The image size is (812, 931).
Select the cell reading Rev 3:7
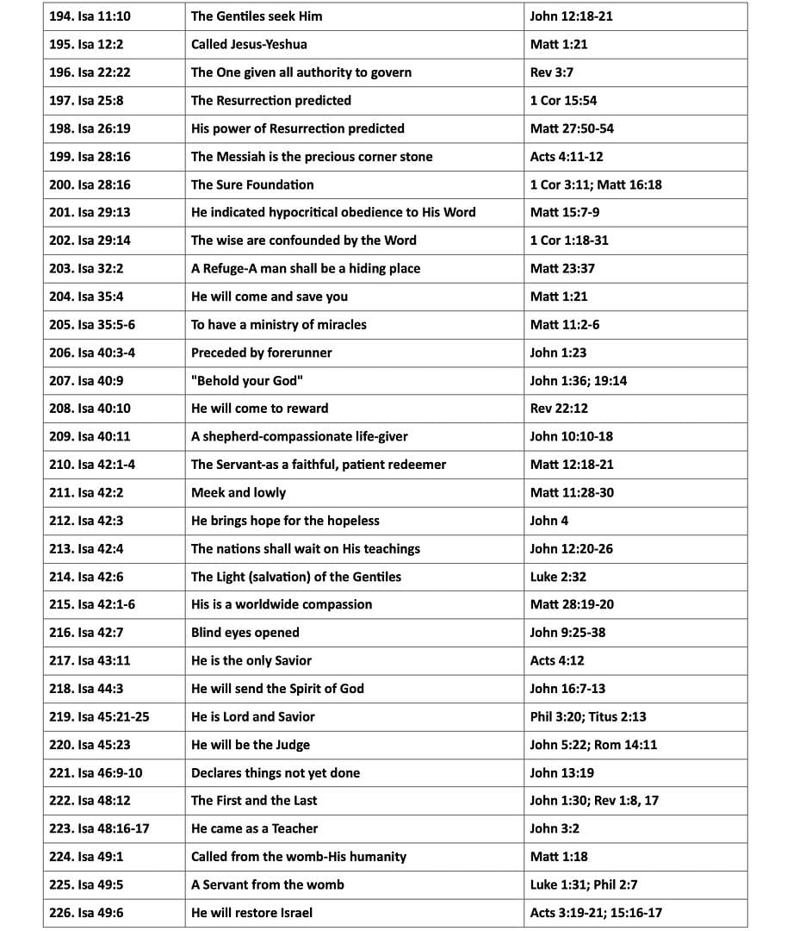pos(551,72)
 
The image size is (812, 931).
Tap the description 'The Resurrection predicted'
pos(270,101)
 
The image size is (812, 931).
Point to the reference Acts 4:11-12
pos(566,157)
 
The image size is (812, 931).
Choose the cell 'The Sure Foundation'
pos(252,184)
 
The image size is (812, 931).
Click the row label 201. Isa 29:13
pos(90,212)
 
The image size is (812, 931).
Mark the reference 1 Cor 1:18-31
pos(568,241)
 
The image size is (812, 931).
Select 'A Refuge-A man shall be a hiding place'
pos(306,268)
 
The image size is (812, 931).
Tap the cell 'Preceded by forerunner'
pos(261,353)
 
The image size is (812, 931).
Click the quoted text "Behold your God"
pos(247,380)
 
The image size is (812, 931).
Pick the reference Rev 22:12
pos(559,409)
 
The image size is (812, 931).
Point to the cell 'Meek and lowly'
pos(239,492)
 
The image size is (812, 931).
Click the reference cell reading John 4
pos(549,521)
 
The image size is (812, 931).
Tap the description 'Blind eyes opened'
pos(245,633)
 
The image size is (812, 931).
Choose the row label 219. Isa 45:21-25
pos(98,716)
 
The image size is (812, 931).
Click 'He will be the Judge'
pos(250,745)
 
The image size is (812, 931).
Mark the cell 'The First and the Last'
pos(254,801)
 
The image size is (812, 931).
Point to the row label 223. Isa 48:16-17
pos(99,828)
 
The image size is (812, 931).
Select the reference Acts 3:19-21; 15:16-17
pos(596,913)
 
